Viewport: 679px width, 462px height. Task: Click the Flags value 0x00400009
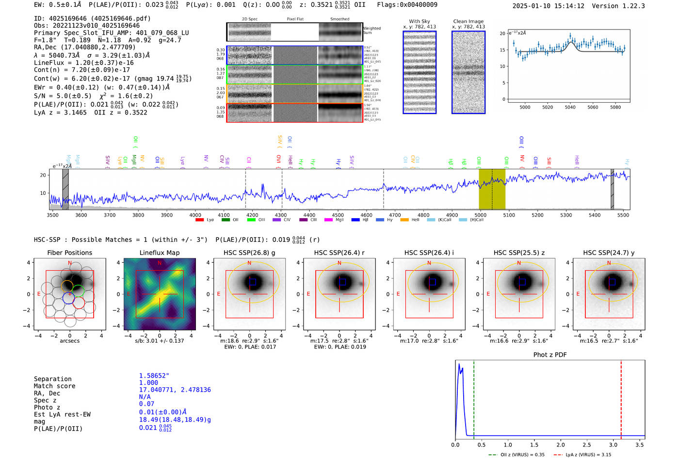(415, 4)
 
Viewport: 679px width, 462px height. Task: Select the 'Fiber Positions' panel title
(69, 253)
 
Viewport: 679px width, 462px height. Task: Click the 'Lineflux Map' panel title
(159, 253)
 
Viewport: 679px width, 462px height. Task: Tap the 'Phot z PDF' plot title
(550, 354)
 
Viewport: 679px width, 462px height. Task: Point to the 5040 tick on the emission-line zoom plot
(570, 107)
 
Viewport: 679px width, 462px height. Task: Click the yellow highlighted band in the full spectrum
(492, 189)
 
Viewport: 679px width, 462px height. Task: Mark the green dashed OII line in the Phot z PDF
(474, 398)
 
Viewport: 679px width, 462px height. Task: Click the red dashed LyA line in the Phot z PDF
(621, 398)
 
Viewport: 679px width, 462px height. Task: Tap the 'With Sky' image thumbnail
(419, 72)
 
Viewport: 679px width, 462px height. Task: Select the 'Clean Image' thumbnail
(468, 72)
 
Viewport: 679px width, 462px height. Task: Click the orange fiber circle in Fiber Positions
(67, 286)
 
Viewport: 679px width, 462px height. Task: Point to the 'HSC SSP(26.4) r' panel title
(339, 253)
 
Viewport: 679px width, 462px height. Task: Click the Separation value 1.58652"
(154, 376)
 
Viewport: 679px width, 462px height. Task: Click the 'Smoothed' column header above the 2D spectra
(339, 19)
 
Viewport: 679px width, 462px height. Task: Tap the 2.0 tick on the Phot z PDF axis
(560, 445)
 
